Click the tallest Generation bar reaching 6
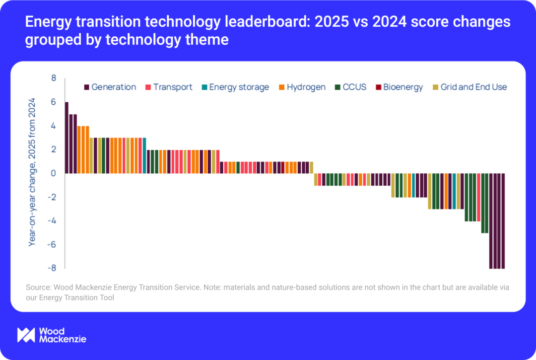point(67,138)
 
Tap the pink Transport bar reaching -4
point(478,197)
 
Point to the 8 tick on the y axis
point(54,78)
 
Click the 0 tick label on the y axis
point(54,173)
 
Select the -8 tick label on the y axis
point(52,268)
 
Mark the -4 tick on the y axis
point(52,220)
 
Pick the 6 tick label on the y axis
point(54,102)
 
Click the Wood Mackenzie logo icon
point(26,335)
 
